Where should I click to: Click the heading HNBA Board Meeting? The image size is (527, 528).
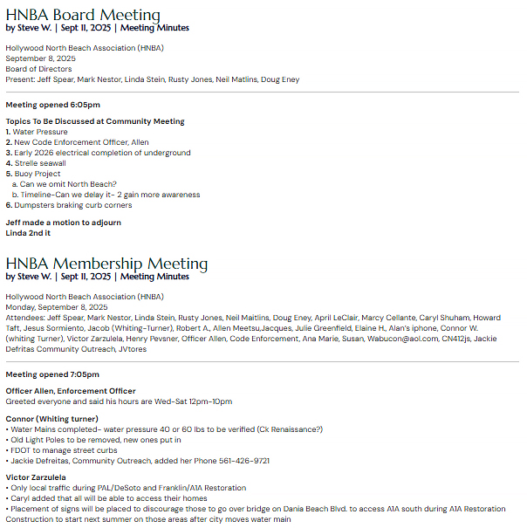click(83, 15)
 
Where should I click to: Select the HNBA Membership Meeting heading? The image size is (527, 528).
click(106, 264)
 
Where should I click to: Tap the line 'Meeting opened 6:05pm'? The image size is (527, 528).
click(52, 105)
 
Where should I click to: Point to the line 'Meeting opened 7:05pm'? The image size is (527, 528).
click(52, 374)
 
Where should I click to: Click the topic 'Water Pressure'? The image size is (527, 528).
click(40, 132)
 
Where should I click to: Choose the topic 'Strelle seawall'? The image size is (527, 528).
click(39, 163)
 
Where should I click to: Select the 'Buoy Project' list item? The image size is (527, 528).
click(38, 174)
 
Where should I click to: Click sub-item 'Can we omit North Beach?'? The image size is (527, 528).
click(68, 184)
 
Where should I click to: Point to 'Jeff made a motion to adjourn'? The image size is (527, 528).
click(63, 223)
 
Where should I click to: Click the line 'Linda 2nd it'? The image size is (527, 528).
click(28, 233)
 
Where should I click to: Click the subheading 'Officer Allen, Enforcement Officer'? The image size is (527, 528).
click(71, 391)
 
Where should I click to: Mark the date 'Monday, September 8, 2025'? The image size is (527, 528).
click(56, 307)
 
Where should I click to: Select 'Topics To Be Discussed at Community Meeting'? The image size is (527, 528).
click(95, 121)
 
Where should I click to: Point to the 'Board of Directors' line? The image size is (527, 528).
click(38, 69)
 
